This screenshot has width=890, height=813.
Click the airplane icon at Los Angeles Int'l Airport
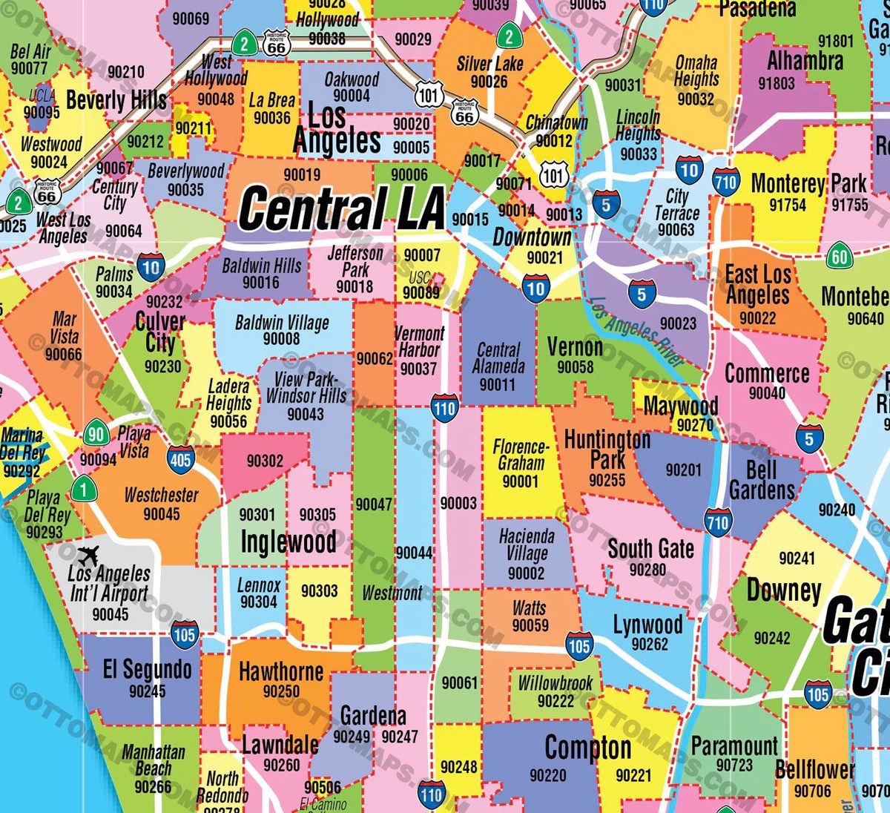(88, 554)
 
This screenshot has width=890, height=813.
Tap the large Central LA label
(341, 208)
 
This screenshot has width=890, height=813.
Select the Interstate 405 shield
(180, 458)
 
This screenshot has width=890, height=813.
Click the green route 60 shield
(839, 257)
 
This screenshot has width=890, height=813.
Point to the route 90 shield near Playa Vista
(96, 434)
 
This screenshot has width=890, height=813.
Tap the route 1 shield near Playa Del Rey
(83, 489)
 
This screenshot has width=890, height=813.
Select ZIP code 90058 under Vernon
(575, 367)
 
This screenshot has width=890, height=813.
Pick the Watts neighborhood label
(530, 608)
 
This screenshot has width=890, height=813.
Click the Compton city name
(587, 748)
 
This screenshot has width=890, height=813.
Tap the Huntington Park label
(607, 449)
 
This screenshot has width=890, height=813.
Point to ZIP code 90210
(126, 72)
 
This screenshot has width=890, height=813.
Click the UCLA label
(42, 95)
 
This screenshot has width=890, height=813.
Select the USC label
(421, 278)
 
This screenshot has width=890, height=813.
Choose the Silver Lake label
(489, 64)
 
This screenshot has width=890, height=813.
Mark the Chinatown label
(556, 123)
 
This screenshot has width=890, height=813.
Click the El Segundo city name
(147, 669)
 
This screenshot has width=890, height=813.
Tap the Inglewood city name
(289, 542)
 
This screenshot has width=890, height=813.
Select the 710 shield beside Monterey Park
(725, 182)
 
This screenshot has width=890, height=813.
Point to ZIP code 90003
(458, 503)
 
